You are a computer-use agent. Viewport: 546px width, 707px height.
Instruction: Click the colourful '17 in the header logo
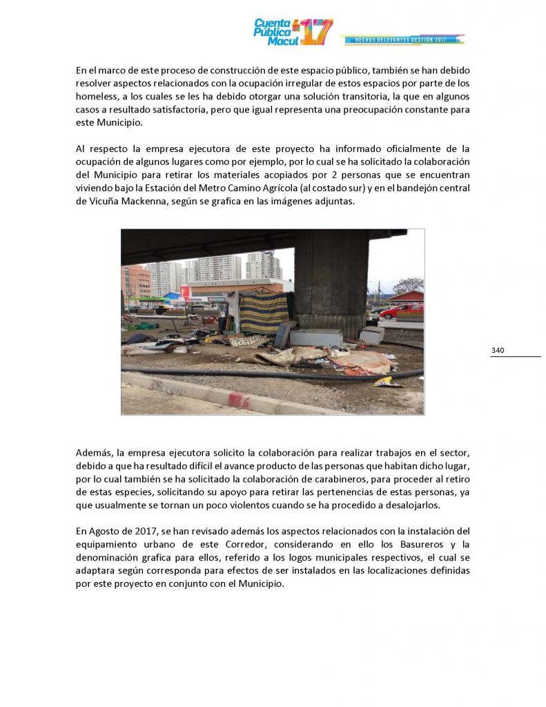click(x=315, y=32)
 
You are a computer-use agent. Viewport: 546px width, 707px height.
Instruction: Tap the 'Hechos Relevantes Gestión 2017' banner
click(x=402, y=40)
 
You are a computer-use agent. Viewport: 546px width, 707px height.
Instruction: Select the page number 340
click(x=498, y=351)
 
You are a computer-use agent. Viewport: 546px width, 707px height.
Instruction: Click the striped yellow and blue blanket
click(x=263, y=311)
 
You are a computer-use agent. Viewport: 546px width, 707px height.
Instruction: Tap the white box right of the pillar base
click(x=372, y=335)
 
